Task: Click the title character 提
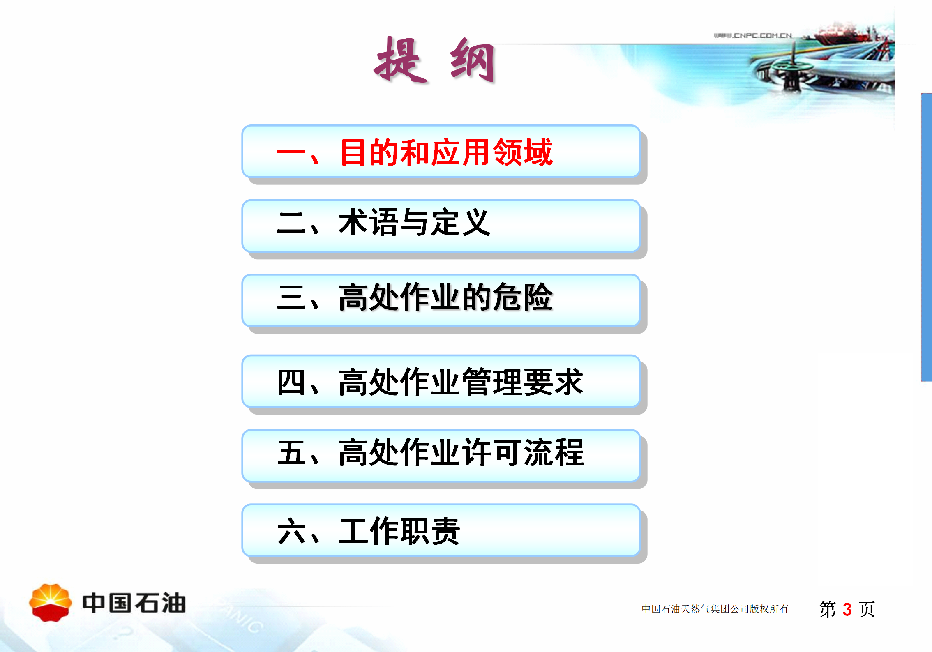[x=401, y=60]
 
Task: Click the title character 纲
[x=473, y=60]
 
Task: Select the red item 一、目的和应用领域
[x=415, y=152]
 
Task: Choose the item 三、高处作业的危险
[x=415, y=297]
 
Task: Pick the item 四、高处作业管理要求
[x=430, y=382]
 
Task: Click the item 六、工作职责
[x=369, y=531]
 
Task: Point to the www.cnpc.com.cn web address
[x=753, y=35]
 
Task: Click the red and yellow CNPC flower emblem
[x=51, y=602]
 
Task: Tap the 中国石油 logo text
[x=134, y=603]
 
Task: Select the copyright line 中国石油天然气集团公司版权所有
[x=715, y=609]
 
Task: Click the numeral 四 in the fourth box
[x=291, y=382]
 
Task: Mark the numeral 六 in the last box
[x=291, y=531]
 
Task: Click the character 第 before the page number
[x=828, y=609]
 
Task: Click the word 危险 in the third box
[x=523, y=297]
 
